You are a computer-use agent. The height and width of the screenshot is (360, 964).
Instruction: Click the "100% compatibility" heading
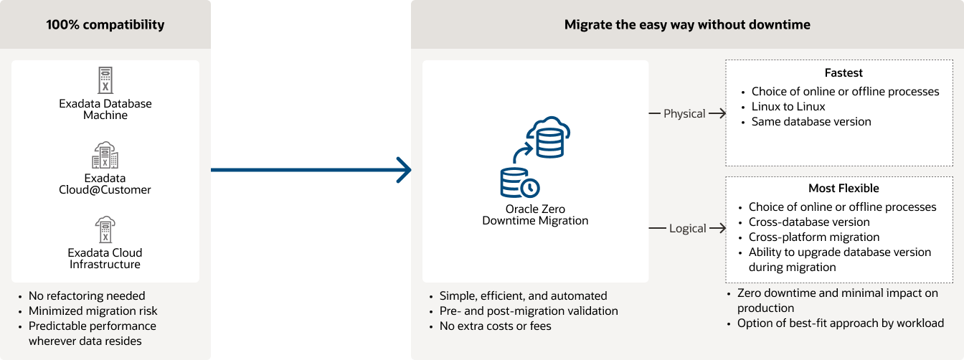(x=105, y=25)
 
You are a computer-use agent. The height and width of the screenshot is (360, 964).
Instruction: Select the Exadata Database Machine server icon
(x=105, y=80)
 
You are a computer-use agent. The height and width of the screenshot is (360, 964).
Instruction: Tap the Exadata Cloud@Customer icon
(x=105, y=155)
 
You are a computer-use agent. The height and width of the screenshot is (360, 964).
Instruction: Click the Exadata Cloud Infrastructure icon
(x=105, y=229)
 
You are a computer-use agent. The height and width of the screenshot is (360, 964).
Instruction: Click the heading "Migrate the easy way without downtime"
(x=687, y=25)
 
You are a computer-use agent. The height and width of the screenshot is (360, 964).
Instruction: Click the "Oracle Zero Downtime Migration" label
(x=535, y=215)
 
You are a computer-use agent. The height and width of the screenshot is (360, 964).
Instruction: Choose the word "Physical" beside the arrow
(x=684, y=113)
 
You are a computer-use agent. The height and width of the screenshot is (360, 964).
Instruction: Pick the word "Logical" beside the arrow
(x=687, y=228)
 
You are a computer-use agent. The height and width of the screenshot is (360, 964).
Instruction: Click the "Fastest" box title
(x=843, y=73)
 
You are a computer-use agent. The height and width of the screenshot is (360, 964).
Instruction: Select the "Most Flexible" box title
(x=843, y=189)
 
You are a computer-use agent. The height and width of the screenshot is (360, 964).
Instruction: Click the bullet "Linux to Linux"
(x=788, y=107)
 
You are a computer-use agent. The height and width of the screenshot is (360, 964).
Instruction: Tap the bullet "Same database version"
(x=811, y=122)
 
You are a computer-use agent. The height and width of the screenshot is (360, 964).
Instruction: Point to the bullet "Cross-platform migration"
(x=814, y=237)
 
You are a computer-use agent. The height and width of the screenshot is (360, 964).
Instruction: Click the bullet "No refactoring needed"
(x=87, y=296)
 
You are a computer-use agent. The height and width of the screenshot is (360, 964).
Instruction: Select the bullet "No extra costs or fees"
(x=496, y=326)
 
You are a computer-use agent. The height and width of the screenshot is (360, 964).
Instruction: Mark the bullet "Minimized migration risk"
(x=93, y=311)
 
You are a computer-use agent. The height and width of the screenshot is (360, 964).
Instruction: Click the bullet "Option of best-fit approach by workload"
(x=841, y=323)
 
